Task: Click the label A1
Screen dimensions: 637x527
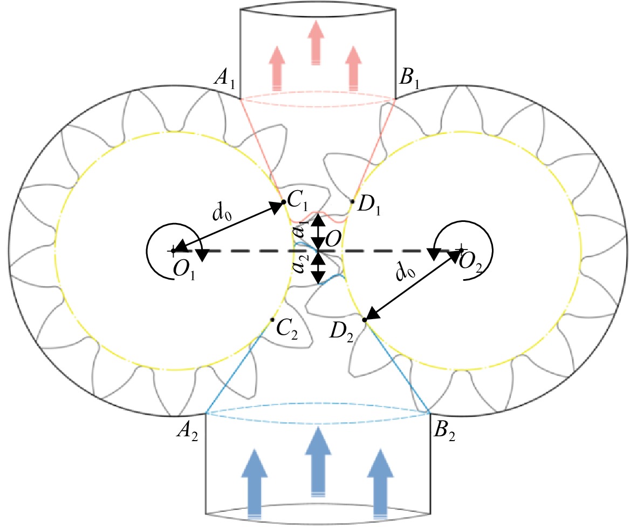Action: (x=224, y=77)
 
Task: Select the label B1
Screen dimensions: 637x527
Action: (x=409, y=77)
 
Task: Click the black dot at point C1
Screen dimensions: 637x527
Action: (x=284, y=202)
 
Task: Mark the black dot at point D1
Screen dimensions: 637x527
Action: (x=353, y=201)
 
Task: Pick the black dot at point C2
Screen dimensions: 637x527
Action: (x=272, y=320)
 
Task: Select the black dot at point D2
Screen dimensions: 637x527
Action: (x=365, y=320)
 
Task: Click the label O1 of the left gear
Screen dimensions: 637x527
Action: (x=184, y=270)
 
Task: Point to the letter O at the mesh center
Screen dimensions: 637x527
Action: (x=333, y=239)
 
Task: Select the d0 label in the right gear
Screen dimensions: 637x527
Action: (x=406, y=271)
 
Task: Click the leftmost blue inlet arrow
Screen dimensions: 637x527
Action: (x=254, y=484)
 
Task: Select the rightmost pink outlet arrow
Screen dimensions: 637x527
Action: (x=353, y=68)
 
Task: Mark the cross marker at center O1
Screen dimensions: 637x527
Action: (x=174, y=251)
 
